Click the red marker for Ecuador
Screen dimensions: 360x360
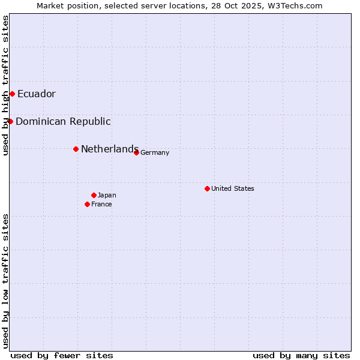click(x=12, y=94)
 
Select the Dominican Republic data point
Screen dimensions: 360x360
click(x=10, y=121)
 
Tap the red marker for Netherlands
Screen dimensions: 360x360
click(x=76, y=149)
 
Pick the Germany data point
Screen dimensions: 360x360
click(x=136, y=152)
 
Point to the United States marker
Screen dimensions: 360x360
click(x=207, y=188)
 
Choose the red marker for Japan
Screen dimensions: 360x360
click(x=94, y=195)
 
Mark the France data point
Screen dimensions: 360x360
click(x=87, y=204)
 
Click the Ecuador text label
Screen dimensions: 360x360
click(x=37, y=94)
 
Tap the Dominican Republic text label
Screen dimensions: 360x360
click(x=63, y=121)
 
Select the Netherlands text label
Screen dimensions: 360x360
click(x=110, y=149)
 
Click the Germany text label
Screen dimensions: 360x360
click(x=155, y=152)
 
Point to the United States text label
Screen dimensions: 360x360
click(x=233, y=188)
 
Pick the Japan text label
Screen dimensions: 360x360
click(x=107, y=195)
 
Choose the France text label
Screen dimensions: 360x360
click(x=101, y=204)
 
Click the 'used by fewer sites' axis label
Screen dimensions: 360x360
click(x=62, y=355)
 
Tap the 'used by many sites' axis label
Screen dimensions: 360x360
click(x=301, y=355)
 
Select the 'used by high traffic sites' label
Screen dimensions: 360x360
click(x=5, y=85)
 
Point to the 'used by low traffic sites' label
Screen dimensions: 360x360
click(x=5, y=280)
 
